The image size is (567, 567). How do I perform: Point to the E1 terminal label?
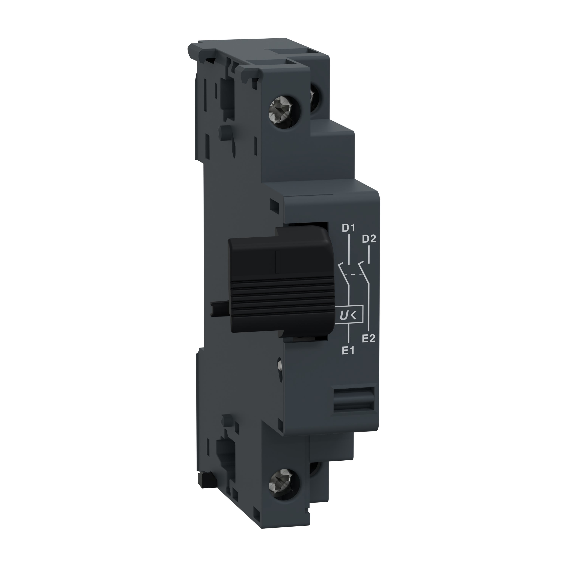[348, 351]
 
